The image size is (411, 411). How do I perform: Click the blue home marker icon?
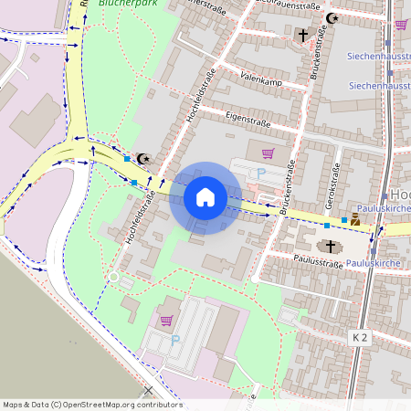[x=205, y=196]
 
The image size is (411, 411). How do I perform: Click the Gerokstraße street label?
[x=332, y=188]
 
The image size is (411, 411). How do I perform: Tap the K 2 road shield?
[x=360, y=338]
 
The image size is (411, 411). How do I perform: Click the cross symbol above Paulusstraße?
[x=329, y=246]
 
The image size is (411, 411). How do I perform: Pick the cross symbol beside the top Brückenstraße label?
[x=302, y=35]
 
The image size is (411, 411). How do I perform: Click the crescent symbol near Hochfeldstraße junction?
[x=142, y=158]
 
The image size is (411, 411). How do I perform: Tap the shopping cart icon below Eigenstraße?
[x=268, y=153]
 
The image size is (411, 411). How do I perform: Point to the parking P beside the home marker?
[x=262, y=171]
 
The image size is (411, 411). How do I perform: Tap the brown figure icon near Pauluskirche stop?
[x=355, y=219]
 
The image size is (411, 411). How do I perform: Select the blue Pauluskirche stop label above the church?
[x=383, y=209]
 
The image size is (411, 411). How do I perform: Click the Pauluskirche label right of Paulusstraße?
[x=374, y=263]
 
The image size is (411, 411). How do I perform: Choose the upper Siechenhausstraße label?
[x=378, y=56]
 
